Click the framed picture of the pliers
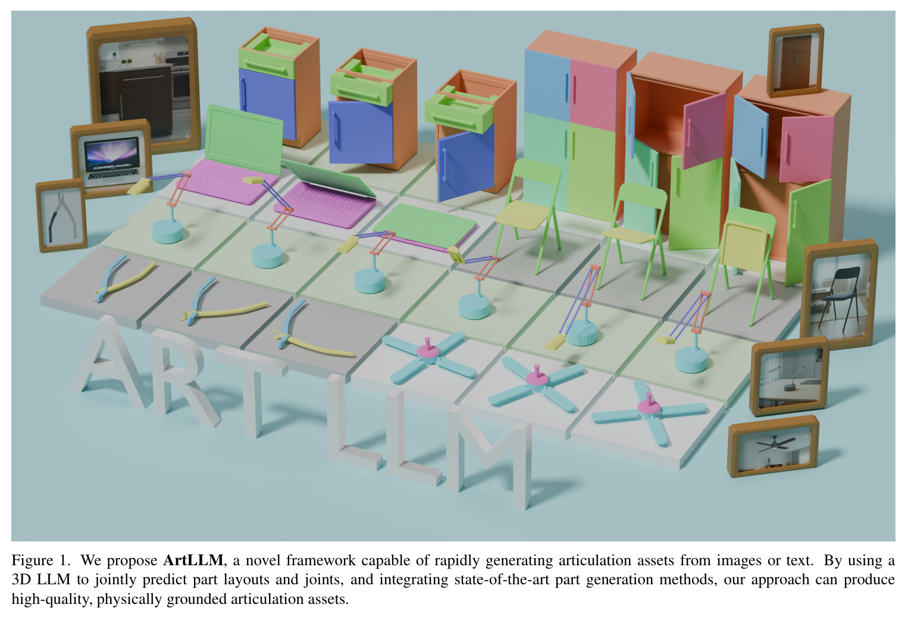[61, 216]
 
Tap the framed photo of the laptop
[111, 158]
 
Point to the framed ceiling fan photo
[774, 446]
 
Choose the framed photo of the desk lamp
[790, 376]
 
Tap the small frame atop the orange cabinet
[796, 61]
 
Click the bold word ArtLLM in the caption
[193, 560]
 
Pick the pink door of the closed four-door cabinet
[593, 95]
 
